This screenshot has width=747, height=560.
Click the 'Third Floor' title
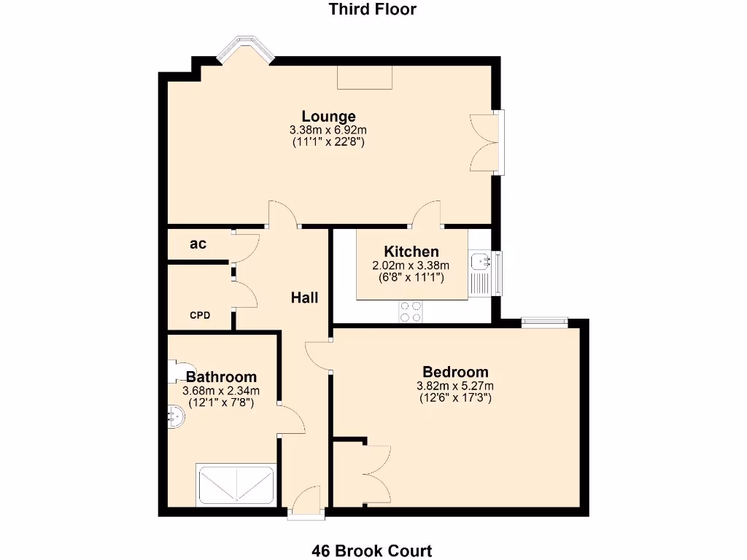click(373, 9)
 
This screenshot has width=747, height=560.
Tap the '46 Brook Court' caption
click(372, 551)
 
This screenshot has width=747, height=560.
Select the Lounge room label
click(328, 116)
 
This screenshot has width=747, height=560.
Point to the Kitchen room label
click(411, 252)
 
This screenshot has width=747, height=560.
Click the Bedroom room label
click(455, 371)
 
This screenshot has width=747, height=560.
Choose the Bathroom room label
click(221, 377)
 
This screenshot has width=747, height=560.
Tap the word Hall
click(304, 297)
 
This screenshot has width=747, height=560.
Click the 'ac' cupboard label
click(198, 244)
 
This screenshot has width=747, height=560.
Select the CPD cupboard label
click(200, 316)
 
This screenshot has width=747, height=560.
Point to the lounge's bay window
click(246, 49)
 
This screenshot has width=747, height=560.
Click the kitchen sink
click(480, 260)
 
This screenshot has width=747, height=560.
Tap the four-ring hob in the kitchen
click(410, 311)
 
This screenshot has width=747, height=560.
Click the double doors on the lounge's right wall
click(483, 143)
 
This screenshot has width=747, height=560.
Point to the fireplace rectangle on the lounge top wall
click(365, 77)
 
